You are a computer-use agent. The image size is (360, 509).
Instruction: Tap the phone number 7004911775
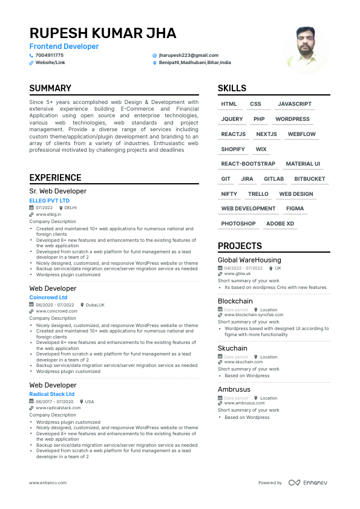pyautogui.click(x=50, y=55)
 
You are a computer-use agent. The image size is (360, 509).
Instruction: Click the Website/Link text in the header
pyautogui.click(x=50, y=63)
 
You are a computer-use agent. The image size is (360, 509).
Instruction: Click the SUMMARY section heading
pyautogui.click(x=50, y=88)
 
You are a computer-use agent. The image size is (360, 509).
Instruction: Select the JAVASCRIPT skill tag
pyautogui.click(x=295, y=105)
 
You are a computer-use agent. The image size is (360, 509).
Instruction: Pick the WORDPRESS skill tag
pyautogui.click(x=292, y=119)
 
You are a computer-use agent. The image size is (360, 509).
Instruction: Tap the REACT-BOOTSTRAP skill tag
pyautogui.click(x=248, y=164)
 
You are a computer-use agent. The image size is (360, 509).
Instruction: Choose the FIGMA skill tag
pyautogui.click(x=295, y=209)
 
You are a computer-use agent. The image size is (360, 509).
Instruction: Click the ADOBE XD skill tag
pyautogui.click(x=280, y=224)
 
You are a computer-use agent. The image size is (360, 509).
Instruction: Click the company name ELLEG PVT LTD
pyautogui.click(x=50, y=200)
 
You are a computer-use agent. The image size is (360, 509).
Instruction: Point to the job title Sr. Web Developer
pyautogui.click(x=58, y=191)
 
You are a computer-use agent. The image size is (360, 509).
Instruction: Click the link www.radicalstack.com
pyautogui.click(x=58, y=408)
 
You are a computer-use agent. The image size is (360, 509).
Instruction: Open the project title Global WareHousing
pyautogui.click(x=249, y=260)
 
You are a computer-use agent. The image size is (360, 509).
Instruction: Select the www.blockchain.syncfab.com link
pyautogui.click(x=254, y=315)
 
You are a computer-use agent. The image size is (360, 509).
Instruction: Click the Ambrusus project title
pyautogui.click(x=234, y=389)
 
